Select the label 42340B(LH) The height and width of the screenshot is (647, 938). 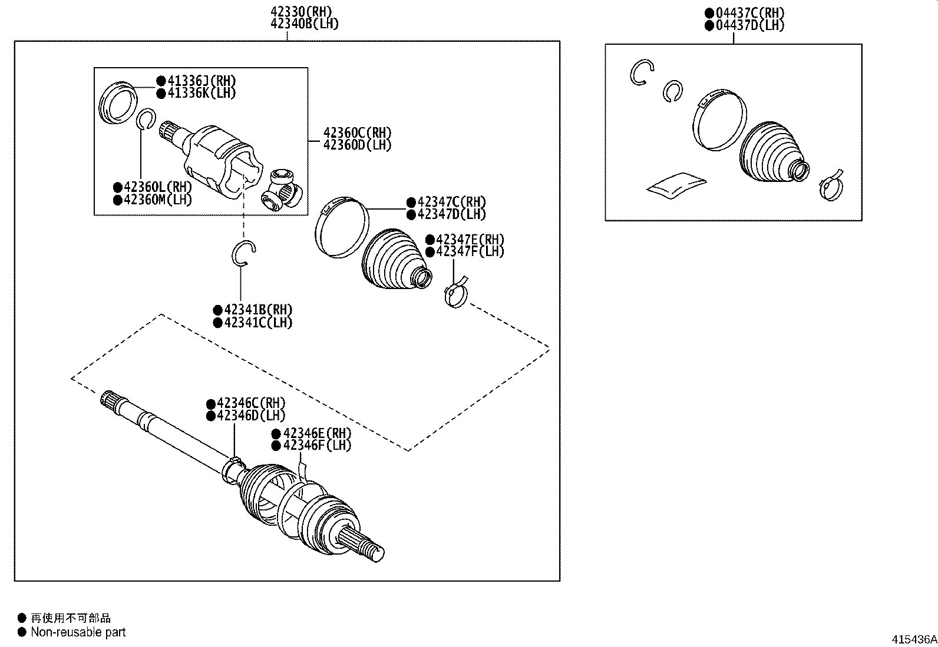[304, 24]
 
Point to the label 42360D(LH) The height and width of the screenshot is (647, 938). [357, 145]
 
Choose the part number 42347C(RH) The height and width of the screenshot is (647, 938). [451, 202]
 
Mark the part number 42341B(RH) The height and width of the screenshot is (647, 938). [257, 310]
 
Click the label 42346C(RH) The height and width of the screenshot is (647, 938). [250, 403]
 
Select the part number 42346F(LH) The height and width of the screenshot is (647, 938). [316, 445]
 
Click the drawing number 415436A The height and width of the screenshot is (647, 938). [913, 639]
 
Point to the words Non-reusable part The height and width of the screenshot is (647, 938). [78, 632]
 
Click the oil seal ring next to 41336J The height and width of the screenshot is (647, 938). [118, 102]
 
